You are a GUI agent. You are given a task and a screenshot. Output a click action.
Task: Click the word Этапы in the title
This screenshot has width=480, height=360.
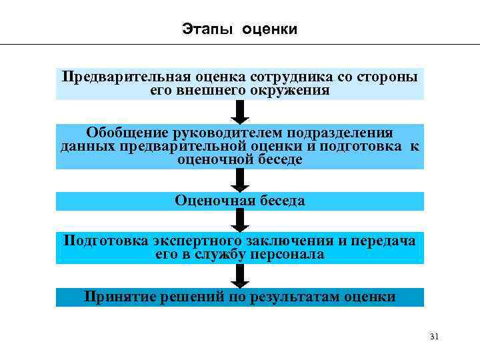coord(201,29)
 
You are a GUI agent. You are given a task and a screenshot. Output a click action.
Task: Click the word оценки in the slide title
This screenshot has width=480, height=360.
coord(270,29)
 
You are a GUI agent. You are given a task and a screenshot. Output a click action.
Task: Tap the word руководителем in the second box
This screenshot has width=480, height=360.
coord(230,133)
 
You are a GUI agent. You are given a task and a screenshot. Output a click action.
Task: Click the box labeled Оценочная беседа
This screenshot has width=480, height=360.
coord(240,201)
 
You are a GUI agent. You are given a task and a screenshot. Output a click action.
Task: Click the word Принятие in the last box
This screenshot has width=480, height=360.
coord(117,297)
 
